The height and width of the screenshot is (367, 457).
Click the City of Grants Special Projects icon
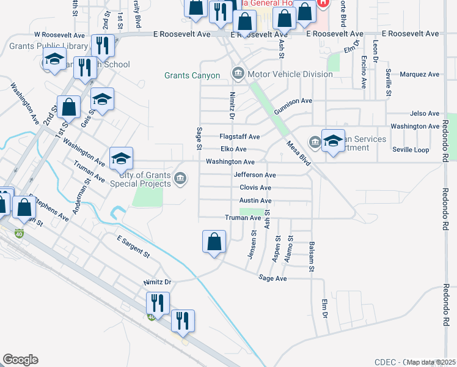[x=180, y=179]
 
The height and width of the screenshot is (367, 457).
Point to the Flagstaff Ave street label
[x=240, y=136]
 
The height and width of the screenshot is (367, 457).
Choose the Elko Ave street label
[x=233, y=149]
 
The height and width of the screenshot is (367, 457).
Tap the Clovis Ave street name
[x=255, y=188]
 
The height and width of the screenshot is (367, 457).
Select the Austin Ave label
[x=255, y=201]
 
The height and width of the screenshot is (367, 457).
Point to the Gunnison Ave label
[x=293, y=101]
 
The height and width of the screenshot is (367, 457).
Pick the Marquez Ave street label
[x=419, y=75]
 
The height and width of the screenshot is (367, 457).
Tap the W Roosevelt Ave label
[x=59, y=35]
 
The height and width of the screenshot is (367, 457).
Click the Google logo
[x=20, y=360]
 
